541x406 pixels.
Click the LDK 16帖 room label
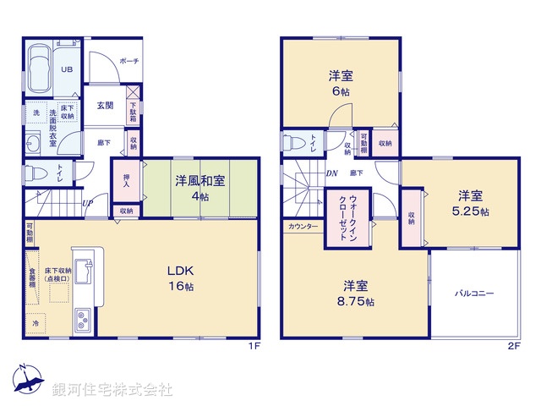tap(181, 277)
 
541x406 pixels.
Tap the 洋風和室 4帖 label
tap(200, 188)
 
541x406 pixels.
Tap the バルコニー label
tap(475, 294)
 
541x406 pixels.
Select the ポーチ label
tap(129, 61)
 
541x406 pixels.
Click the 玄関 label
tap(105, 106)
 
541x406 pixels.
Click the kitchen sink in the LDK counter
tap(86, 271)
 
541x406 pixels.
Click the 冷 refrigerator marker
tap(36, 323)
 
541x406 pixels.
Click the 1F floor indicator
tap(252, 347)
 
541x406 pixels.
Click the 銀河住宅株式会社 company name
tap(112, 390)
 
